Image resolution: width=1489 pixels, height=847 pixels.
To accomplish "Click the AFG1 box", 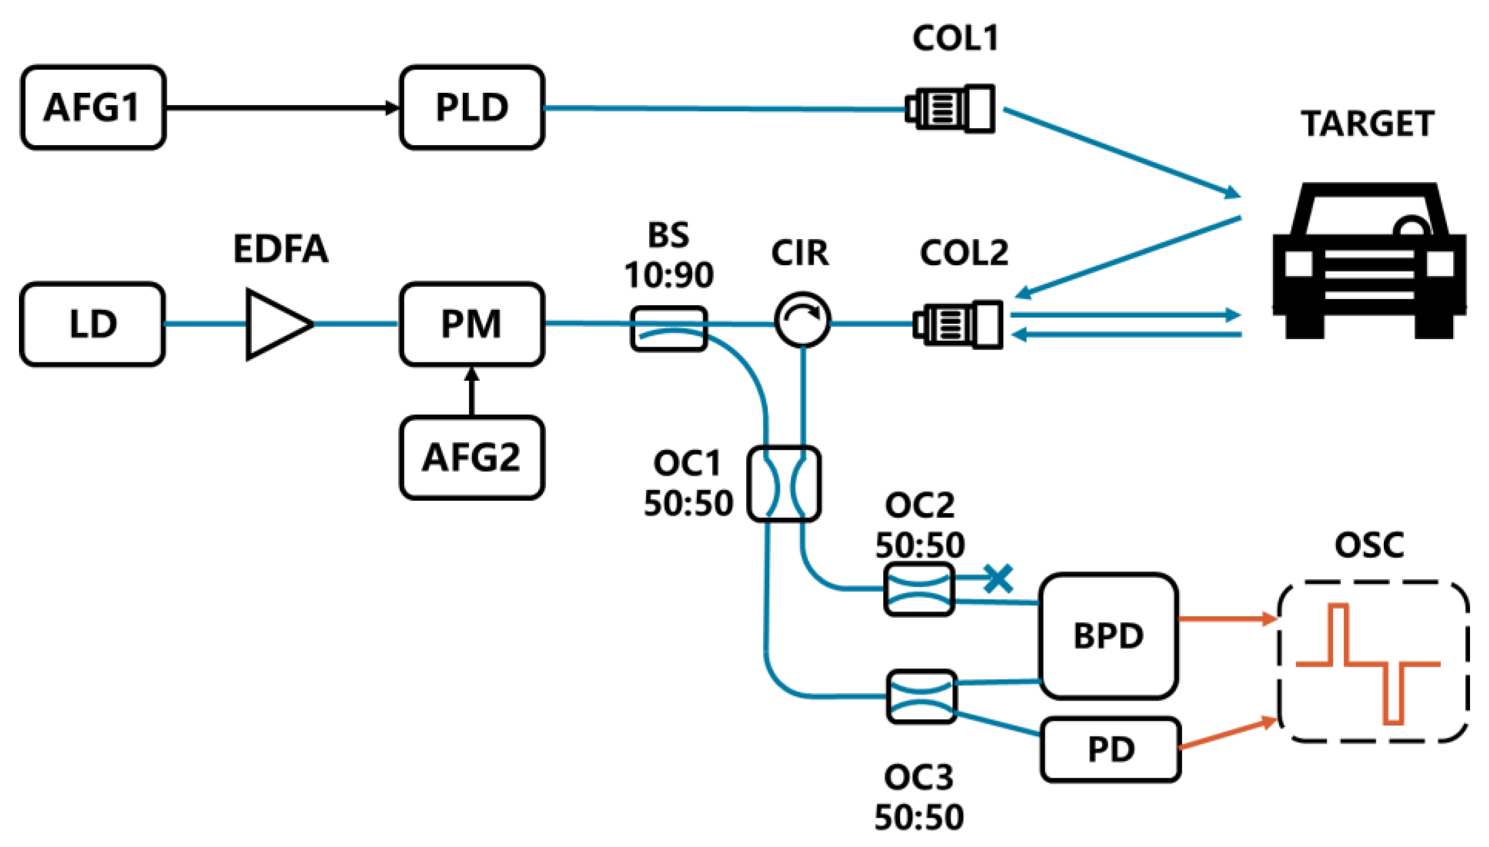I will (x=93, y=108).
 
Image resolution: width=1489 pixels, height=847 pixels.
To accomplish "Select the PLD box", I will (x=472, y=108).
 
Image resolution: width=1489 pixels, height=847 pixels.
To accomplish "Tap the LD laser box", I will (x=92, y=324).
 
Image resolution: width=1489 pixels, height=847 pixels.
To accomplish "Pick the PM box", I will (x=472, y=324).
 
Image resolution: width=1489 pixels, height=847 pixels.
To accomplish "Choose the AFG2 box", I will (x=472, y=457).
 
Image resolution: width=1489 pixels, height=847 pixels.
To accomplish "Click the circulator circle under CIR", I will (x=802, y=320).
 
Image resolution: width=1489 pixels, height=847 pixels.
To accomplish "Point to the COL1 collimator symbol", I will (x=950, y=109).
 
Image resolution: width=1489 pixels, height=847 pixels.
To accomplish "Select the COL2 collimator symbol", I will (x=958, y=325).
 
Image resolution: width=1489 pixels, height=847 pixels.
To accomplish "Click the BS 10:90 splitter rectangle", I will (x=669, y=329).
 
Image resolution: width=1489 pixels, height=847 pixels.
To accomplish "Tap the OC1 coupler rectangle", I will (x=784, y=483).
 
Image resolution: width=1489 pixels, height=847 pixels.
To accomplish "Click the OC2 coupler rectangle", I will (x=919, y=589).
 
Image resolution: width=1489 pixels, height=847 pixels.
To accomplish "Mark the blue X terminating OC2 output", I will (x=998, y=579).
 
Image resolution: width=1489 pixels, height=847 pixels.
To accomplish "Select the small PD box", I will (x=1110, y=749).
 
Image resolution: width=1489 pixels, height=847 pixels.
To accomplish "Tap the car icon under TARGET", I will (x=1369, y=262).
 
